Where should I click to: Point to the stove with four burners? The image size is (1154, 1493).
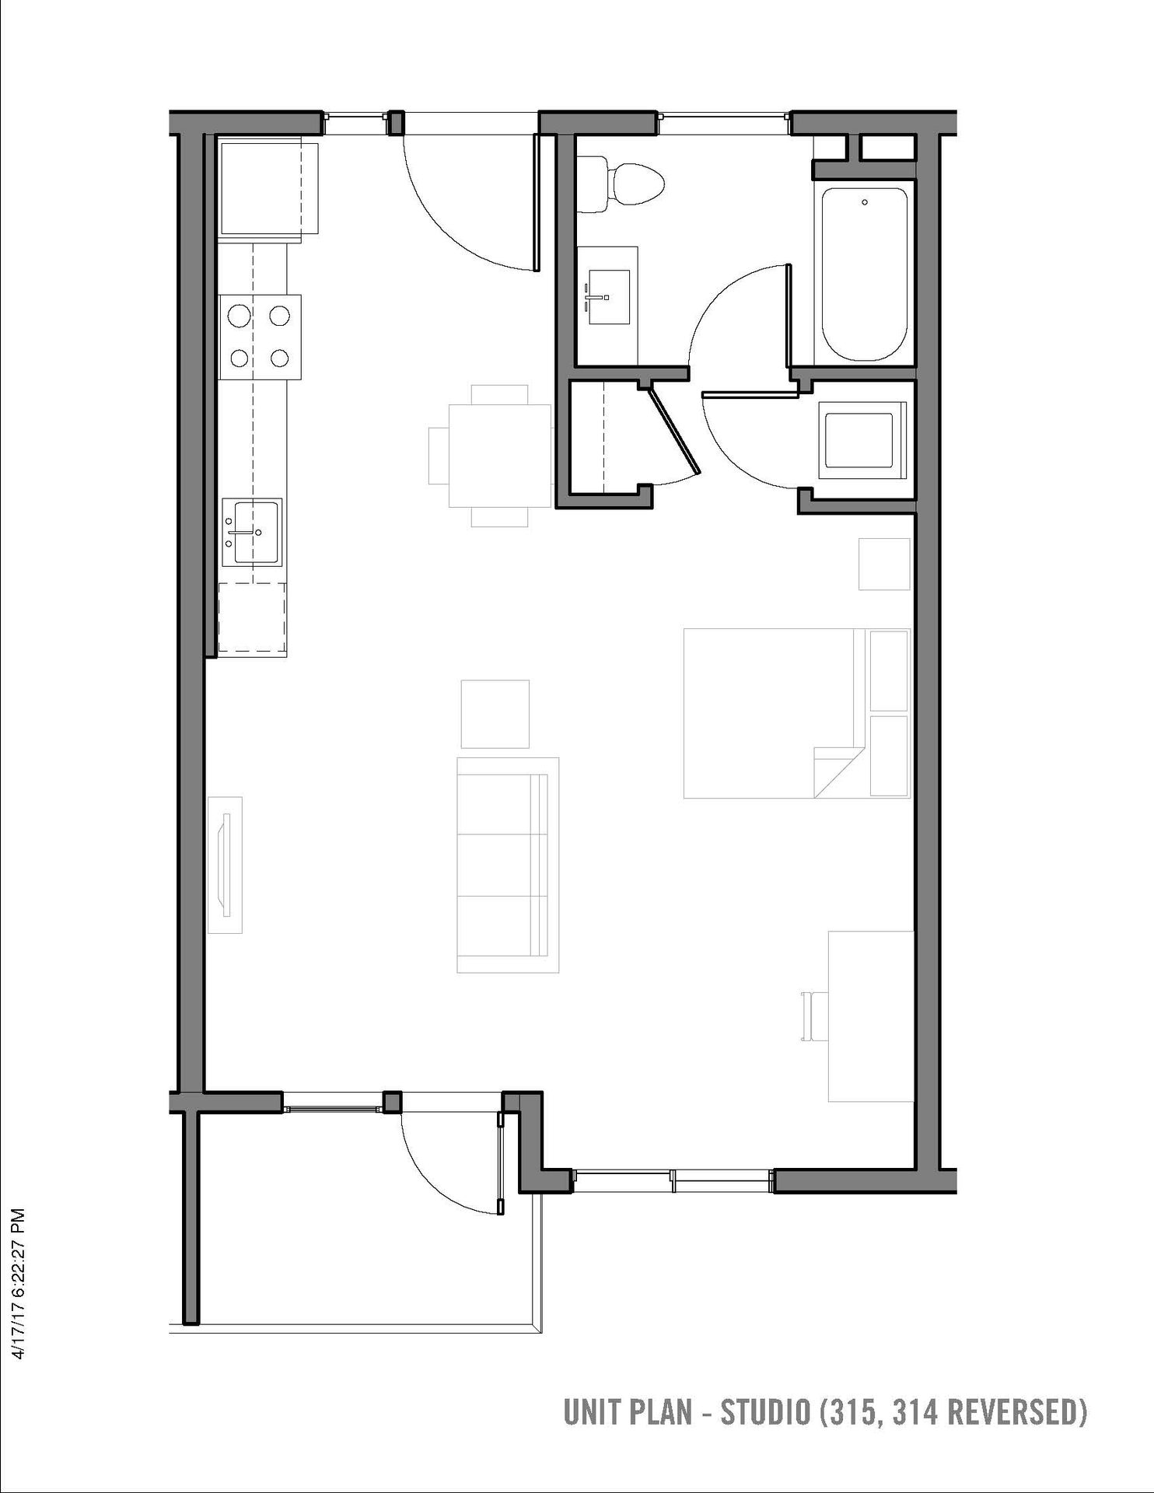(260, 337)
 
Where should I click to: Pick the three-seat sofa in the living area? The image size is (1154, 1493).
(508, 865)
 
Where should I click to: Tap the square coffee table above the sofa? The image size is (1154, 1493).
(495, 715)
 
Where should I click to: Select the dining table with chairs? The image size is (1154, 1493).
(491, 456)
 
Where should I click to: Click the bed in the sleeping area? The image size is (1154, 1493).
(797, 714)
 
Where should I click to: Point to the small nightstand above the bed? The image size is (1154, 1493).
(884, 564)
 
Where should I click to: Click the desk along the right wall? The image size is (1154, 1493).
(871, 1016)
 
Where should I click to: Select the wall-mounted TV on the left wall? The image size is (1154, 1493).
(226, 865)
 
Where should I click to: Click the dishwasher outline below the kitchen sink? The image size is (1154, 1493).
(253, 618)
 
